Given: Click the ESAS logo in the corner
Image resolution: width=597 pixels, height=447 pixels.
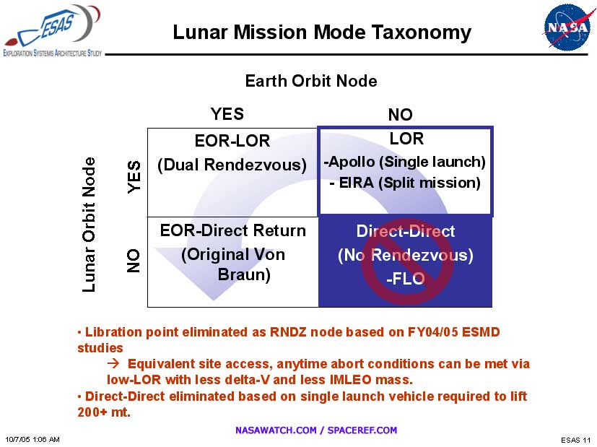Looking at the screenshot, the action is pos(53,30).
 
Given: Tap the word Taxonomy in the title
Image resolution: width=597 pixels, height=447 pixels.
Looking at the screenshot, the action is pos(421,32).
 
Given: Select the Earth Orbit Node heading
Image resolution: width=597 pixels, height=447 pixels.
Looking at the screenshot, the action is pos(311,81).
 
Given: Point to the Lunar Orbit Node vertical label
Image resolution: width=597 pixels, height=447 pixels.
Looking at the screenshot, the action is pos(89,225).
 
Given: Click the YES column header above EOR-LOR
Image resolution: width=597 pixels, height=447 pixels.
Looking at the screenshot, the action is pos(227,114).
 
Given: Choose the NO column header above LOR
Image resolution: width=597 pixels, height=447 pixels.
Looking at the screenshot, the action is pos(400,114).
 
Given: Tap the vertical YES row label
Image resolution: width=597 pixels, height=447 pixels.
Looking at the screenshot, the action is pos(134,177).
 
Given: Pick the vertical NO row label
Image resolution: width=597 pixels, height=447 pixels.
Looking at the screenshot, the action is pos(134,261).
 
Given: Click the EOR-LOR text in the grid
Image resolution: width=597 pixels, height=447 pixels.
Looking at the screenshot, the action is pos(232,141).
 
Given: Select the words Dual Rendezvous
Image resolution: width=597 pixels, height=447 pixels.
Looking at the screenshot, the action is pos(232,165).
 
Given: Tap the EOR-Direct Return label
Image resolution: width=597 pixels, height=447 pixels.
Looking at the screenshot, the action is pos(233,231).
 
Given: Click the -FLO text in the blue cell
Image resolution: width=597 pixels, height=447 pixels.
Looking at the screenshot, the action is pos(406,279).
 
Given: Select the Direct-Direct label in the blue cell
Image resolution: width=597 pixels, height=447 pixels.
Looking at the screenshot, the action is pos(406,231).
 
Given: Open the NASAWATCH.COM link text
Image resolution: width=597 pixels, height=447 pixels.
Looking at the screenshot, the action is pos(276,430).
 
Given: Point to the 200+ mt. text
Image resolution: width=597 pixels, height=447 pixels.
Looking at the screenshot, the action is pos(104,412).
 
